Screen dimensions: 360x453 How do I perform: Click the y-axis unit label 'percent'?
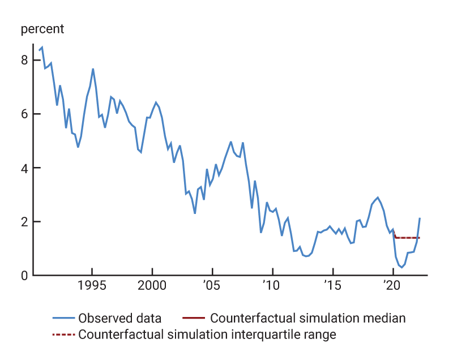(x=42, y=29)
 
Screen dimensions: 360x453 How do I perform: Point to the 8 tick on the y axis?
(x=24, y=60)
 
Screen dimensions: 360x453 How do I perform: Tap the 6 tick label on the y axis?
(x=24, y=114)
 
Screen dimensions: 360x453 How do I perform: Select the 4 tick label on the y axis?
(x=24, y=168)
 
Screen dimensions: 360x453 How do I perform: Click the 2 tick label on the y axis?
(x=24, y=222)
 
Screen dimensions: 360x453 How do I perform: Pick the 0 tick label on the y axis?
(x=24, y=276)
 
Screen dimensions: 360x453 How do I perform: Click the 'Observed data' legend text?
(x=120, y=318)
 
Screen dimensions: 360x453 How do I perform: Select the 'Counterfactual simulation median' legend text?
(x=308, y=318)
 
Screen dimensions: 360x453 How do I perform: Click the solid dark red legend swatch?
(x=194, y=318)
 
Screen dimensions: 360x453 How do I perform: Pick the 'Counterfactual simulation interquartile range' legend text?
(x=207, y=335)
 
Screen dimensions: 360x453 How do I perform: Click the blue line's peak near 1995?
(x=93, y=69)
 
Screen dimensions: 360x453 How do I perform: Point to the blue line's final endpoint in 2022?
(x=420, y=218)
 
